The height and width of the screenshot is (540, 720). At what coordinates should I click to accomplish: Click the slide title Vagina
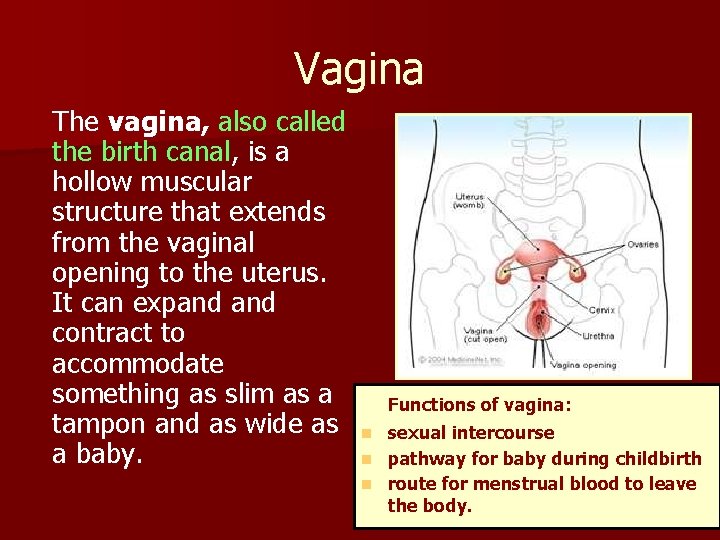(359, 69)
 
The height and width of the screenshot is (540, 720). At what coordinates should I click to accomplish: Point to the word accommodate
(137, 363)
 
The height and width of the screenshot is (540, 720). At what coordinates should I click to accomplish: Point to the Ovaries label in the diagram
(642, 243)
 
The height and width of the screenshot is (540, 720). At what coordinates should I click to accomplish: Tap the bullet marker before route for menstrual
(367, 484)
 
